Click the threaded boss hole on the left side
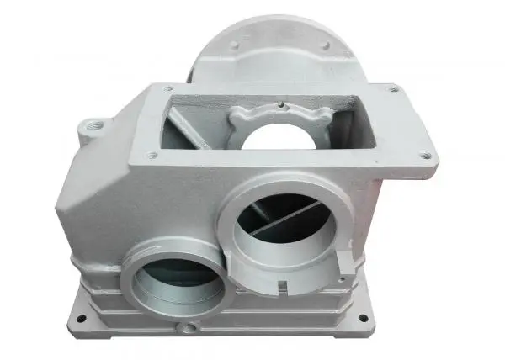click(x=91, y=126)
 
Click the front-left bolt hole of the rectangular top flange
click(x=152, y=155)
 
